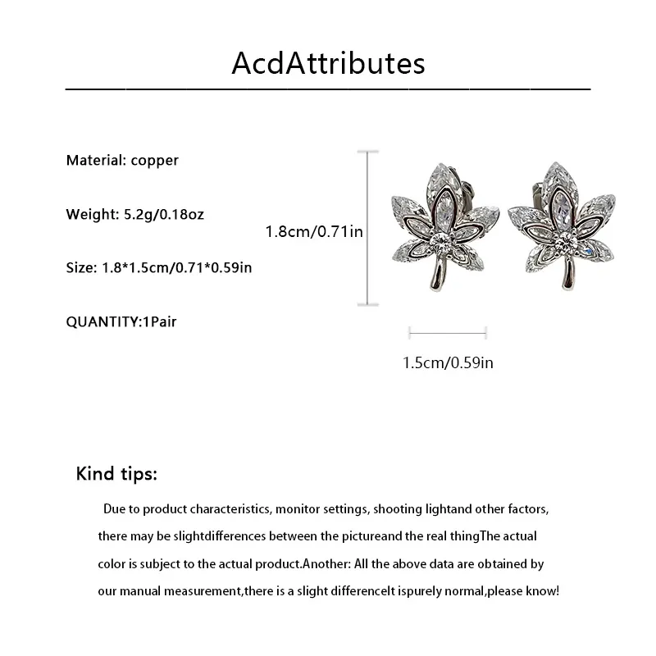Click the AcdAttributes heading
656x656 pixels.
328,63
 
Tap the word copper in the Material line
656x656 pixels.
154,161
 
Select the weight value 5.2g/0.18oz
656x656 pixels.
164,215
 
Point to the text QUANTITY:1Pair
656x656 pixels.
121,321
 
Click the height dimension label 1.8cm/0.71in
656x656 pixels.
314,232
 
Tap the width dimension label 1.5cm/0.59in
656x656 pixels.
448,362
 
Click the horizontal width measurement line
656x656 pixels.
448,332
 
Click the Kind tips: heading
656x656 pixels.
116,474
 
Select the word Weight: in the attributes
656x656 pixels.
92,215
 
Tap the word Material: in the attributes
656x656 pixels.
96,161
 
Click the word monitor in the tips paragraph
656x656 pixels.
299,509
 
